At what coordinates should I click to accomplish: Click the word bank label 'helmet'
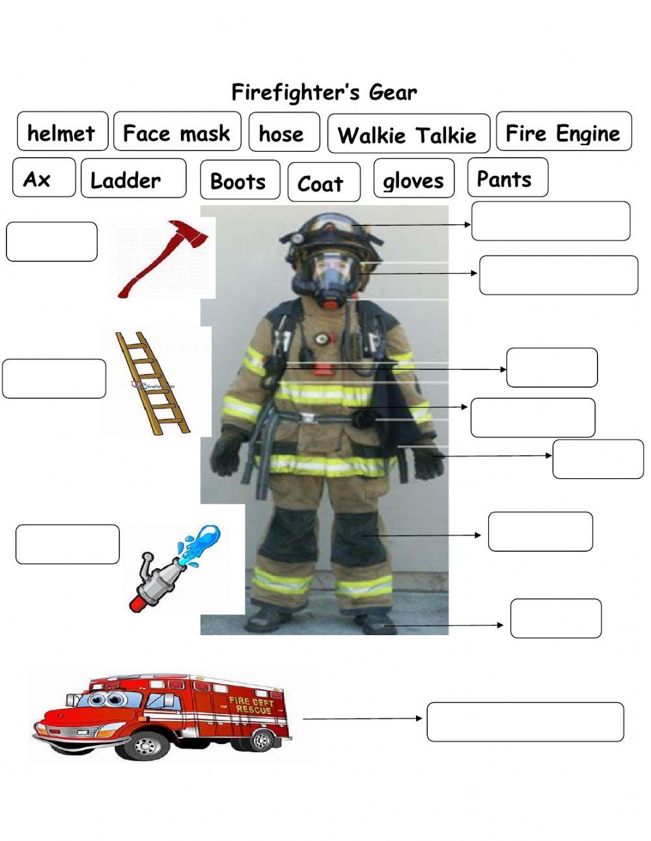[x=62, y=132]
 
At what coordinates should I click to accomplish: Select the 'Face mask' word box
[x=176, y=132]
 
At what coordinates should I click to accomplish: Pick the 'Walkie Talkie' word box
[x=408, y=135]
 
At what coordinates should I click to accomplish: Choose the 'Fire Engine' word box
[x=563, y=132]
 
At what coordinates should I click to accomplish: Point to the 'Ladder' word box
[x=132, y=179]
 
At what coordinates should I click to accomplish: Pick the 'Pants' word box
[x=506, y=178]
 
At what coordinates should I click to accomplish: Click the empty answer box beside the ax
[x=51, y=242]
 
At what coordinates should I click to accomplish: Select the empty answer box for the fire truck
[x=525, y=722]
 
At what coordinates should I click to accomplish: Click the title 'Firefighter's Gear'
[x=324, y=92]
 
